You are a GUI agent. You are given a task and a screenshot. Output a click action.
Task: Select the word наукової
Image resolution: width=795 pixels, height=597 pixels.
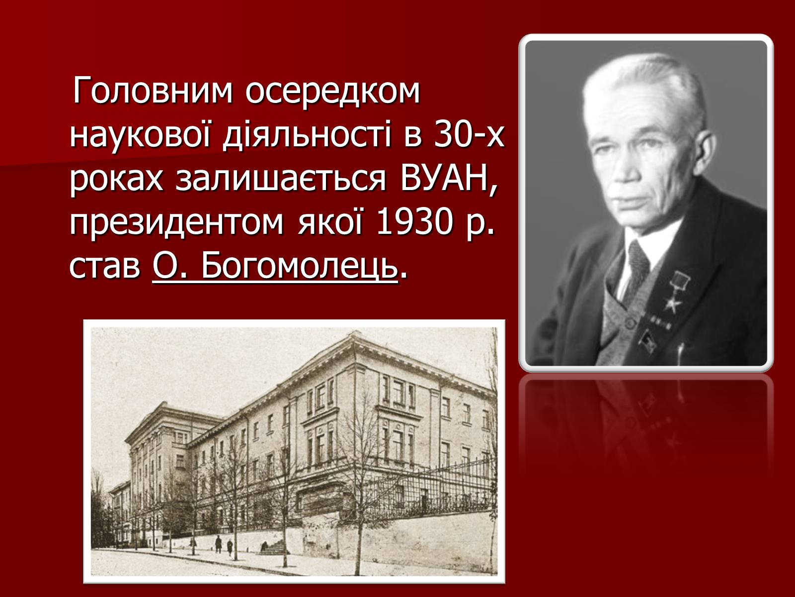[140, 135]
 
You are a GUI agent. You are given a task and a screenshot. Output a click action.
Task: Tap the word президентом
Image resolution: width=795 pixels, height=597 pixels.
[176, 223]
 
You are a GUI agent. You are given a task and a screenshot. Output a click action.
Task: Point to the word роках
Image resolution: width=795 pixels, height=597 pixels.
[116, 180]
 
